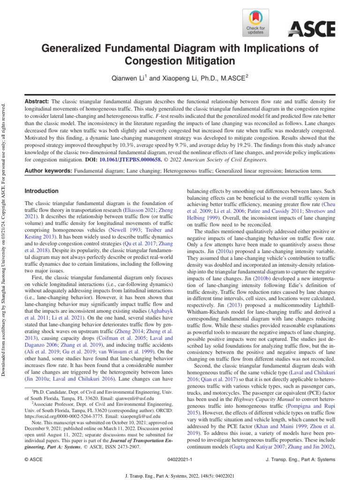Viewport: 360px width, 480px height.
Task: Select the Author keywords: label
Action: click(47, 171)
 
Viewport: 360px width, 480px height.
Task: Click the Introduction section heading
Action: click(41, 191)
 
